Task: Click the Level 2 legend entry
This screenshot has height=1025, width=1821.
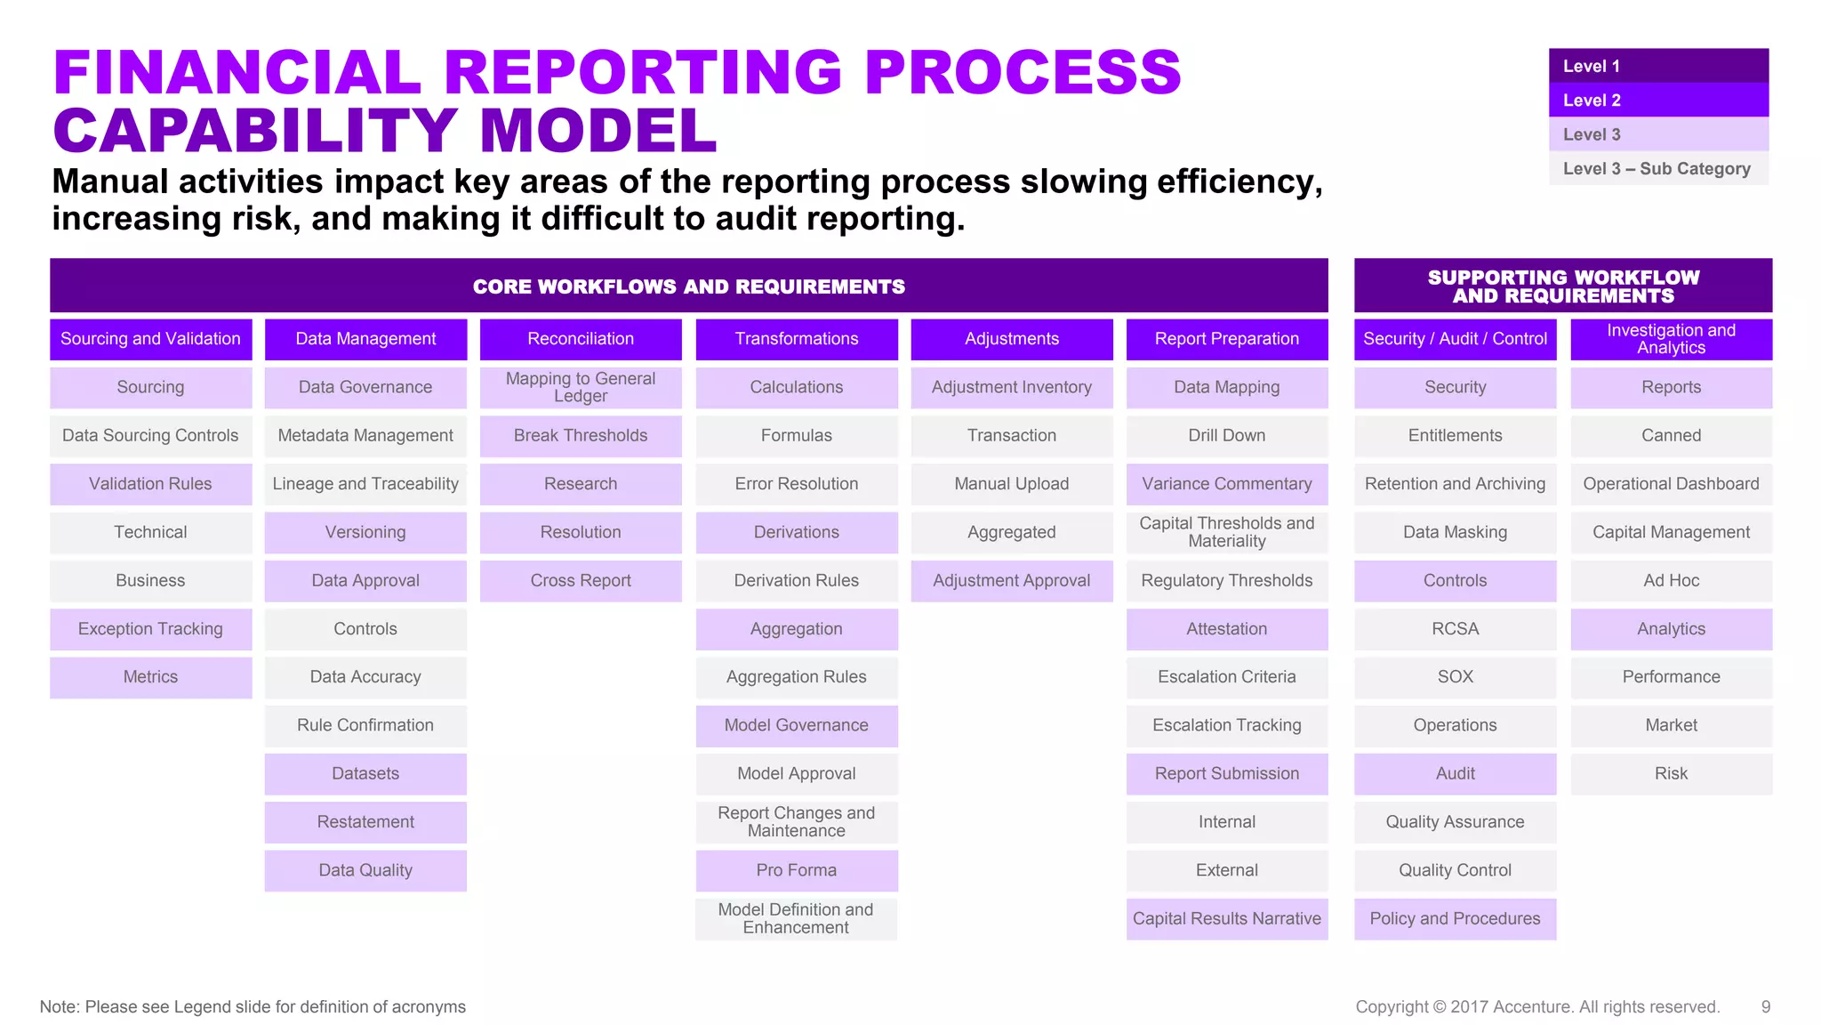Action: (1657, 101)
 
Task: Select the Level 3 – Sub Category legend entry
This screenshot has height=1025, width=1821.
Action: (1657, 169)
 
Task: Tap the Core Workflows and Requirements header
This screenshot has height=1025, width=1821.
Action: (688, 287)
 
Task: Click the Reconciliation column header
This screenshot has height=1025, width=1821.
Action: (581, 339)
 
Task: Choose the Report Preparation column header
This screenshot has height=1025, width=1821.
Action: (1226, 339)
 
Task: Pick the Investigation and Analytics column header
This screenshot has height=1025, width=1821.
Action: (1671, 339)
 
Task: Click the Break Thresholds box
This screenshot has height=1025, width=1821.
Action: (581, 436)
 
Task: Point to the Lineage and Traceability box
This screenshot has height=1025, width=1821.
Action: (365, 484)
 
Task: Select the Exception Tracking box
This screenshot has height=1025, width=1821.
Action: (150, 629)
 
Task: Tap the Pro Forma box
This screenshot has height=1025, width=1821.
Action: (796, 870)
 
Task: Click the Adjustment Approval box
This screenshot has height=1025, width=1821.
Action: (1011, 581)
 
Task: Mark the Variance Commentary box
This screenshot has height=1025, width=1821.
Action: (1226, 484)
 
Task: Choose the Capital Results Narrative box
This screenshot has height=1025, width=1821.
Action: (1226, 919)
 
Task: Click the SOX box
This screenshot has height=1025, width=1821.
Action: (1455, 677)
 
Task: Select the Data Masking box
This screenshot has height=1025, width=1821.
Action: (1455, 532)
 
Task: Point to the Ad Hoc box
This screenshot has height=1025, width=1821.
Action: (1671, 581)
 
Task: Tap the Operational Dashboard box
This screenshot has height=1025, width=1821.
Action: (1671, 484)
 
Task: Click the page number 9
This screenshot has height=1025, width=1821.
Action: (1765, 1007)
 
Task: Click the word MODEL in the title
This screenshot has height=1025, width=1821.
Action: (598, 131)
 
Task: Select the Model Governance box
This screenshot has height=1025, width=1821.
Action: (796, 725)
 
